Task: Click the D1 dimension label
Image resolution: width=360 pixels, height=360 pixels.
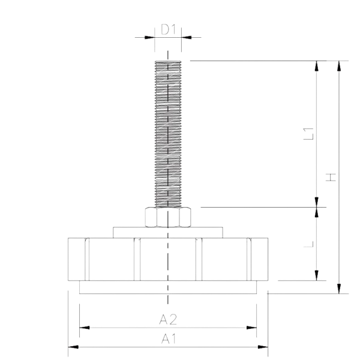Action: [168, 29]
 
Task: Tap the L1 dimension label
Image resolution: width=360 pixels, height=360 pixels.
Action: [308, 134]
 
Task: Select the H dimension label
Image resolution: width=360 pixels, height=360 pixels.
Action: [331, 177]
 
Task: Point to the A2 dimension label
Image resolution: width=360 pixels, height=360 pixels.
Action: [168, 319]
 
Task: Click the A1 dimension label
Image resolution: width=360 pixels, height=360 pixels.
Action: [168, 338]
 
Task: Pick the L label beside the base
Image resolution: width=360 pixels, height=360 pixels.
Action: [308, 244]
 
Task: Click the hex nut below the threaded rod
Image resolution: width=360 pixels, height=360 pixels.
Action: [168, 217]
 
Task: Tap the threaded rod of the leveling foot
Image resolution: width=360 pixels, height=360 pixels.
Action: [168, 134]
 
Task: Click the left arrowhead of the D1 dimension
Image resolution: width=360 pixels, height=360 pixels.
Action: [149, 37]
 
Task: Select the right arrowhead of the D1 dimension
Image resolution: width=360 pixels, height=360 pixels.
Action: [187, 37]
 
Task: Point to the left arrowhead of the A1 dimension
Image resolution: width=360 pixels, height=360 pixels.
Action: [73, 347]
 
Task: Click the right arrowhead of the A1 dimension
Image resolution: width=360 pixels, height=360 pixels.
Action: [263, 347]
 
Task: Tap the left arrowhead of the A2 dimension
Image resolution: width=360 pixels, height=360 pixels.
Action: [85, 328]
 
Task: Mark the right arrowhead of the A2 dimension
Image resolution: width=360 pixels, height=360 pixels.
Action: [251, 328]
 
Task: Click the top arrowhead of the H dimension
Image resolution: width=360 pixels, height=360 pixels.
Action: [339, 66]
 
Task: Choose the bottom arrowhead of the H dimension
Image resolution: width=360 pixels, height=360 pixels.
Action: [339, 289]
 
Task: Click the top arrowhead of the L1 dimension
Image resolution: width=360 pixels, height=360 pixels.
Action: [317, 66]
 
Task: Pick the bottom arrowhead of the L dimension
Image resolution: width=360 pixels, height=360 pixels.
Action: [317, 275]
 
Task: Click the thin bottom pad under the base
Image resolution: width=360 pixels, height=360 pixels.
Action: [168, 287]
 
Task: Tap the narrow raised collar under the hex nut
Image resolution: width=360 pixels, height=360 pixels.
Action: [168, 233]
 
